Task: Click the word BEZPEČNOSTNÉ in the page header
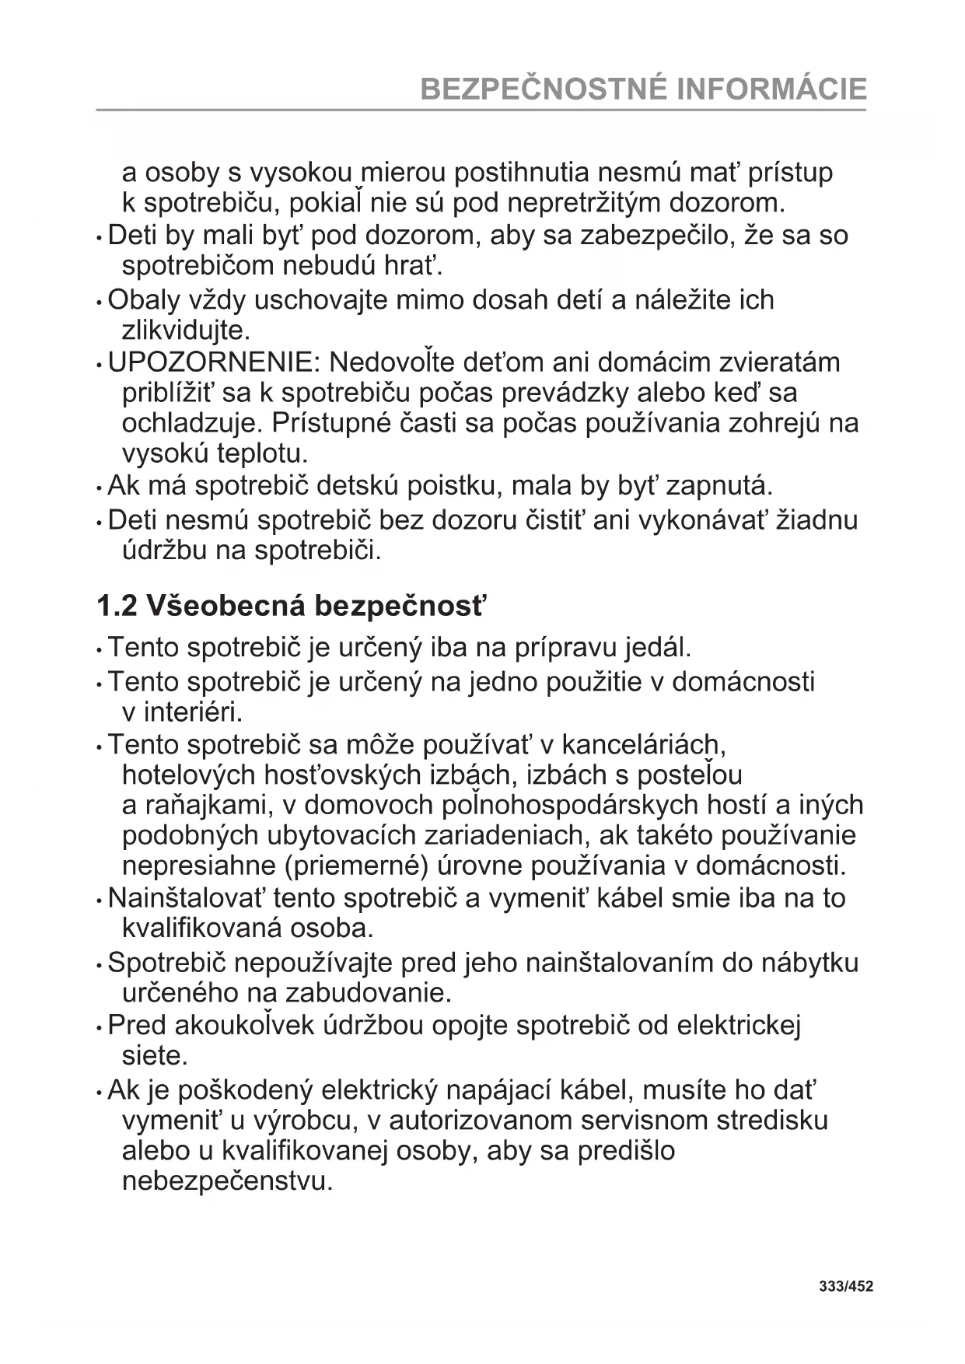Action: point(544,89)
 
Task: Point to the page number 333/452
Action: point(846,1286)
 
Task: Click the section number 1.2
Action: point(117,606)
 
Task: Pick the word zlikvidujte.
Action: point(186,331)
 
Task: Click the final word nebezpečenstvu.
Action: point(227,1182)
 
